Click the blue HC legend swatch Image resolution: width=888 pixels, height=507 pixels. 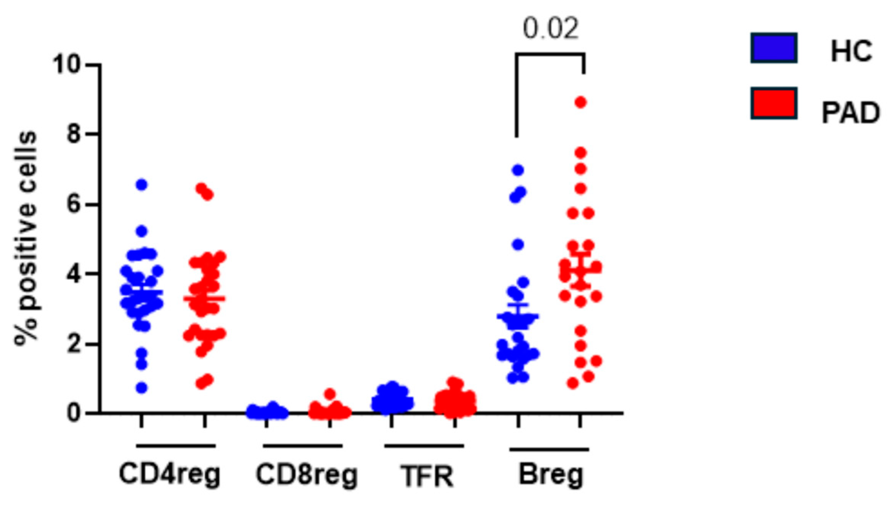click(x=774, y=48)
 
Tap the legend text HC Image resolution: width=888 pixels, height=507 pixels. click(x=851, y=51)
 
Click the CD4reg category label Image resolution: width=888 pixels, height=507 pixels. click(x=169, y=474)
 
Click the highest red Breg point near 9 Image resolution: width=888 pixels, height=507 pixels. click(x=581, y=103)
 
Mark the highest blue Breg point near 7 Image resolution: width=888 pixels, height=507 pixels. click(x=518, y=170)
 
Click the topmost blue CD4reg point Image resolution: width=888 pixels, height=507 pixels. click(x=142, y=185)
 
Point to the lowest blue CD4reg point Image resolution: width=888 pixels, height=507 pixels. click(x=142, y=388)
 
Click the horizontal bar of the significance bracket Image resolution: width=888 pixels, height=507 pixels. click(x=550, y=54)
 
